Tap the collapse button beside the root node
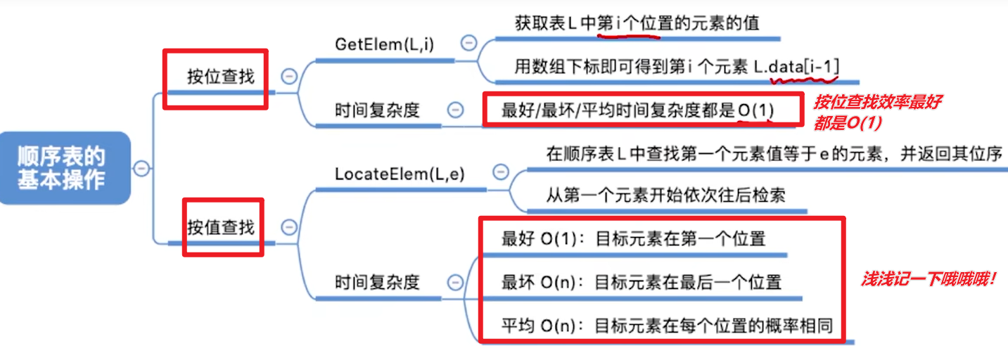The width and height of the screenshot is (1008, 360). click(142, 168)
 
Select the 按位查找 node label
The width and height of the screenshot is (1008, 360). click(220, 77)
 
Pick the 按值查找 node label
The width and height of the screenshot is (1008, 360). click(220, 227)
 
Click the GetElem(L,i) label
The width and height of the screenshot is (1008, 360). click(384, 44)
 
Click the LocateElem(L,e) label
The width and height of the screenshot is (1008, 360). click(400, 173)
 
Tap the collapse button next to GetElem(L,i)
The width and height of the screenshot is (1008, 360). click(468, 43)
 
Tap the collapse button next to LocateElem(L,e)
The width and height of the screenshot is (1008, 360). click(500, 172)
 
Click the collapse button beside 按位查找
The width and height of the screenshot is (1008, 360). click(288, 76)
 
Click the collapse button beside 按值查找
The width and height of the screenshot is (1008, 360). click(288, 227)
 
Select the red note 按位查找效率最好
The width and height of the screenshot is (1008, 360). click(878, 102)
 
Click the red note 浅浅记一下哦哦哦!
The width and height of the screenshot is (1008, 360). click(930, 279)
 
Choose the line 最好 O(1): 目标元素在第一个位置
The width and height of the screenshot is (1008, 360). click(633, 238)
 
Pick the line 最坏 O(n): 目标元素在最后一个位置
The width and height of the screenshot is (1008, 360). click(641, 282)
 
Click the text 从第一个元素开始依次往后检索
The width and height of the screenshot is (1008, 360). click(665, 195)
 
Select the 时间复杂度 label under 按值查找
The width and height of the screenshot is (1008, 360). click(377, 282)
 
